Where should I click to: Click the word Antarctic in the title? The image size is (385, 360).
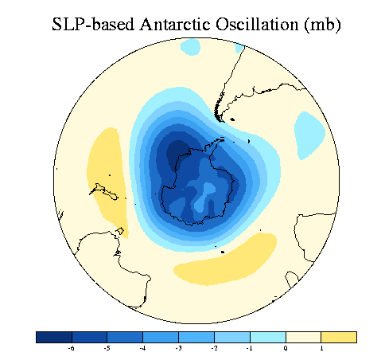click(175, 25)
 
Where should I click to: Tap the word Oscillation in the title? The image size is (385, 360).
click(257, 25)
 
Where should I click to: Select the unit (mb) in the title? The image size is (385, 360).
click(322, 25)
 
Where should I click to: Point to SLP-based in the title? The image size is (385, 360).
click(93, 25)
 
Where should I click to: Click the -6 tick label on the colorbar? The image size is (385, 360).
click(71, 348)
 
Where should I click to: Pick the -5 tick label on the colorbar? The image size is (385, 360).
click(107, 348)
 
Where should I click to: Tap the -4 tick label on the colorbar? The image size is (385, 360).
click(142, 348)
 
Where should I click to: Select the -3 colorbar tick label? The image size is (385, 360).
click(178, 348)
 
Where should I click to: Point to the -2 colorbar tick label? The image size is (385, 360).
click(214, 348)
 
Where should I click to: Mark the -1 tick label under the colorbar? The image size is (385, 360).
click(249, 348)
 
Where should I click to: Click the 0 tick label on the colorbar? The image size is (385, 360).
click(286, 348)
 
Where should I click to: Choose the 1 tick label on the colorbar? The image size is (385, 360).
click(321, 348)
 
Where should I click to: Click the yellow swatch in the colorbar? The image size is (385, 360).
click(339, 337)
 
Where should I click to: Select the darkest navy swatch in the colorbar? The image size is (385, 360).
click(54, 337)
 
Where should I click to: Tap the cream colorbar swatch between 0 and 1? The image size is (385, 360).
click(303, 337)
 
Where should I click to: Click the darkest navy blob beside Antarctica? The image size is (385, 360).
click(177, 155)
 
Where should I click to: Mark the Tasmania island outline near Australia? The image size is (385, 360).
click(120, 231)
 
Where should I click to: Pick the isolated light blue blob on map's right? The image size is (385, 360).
click(309, 135)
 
